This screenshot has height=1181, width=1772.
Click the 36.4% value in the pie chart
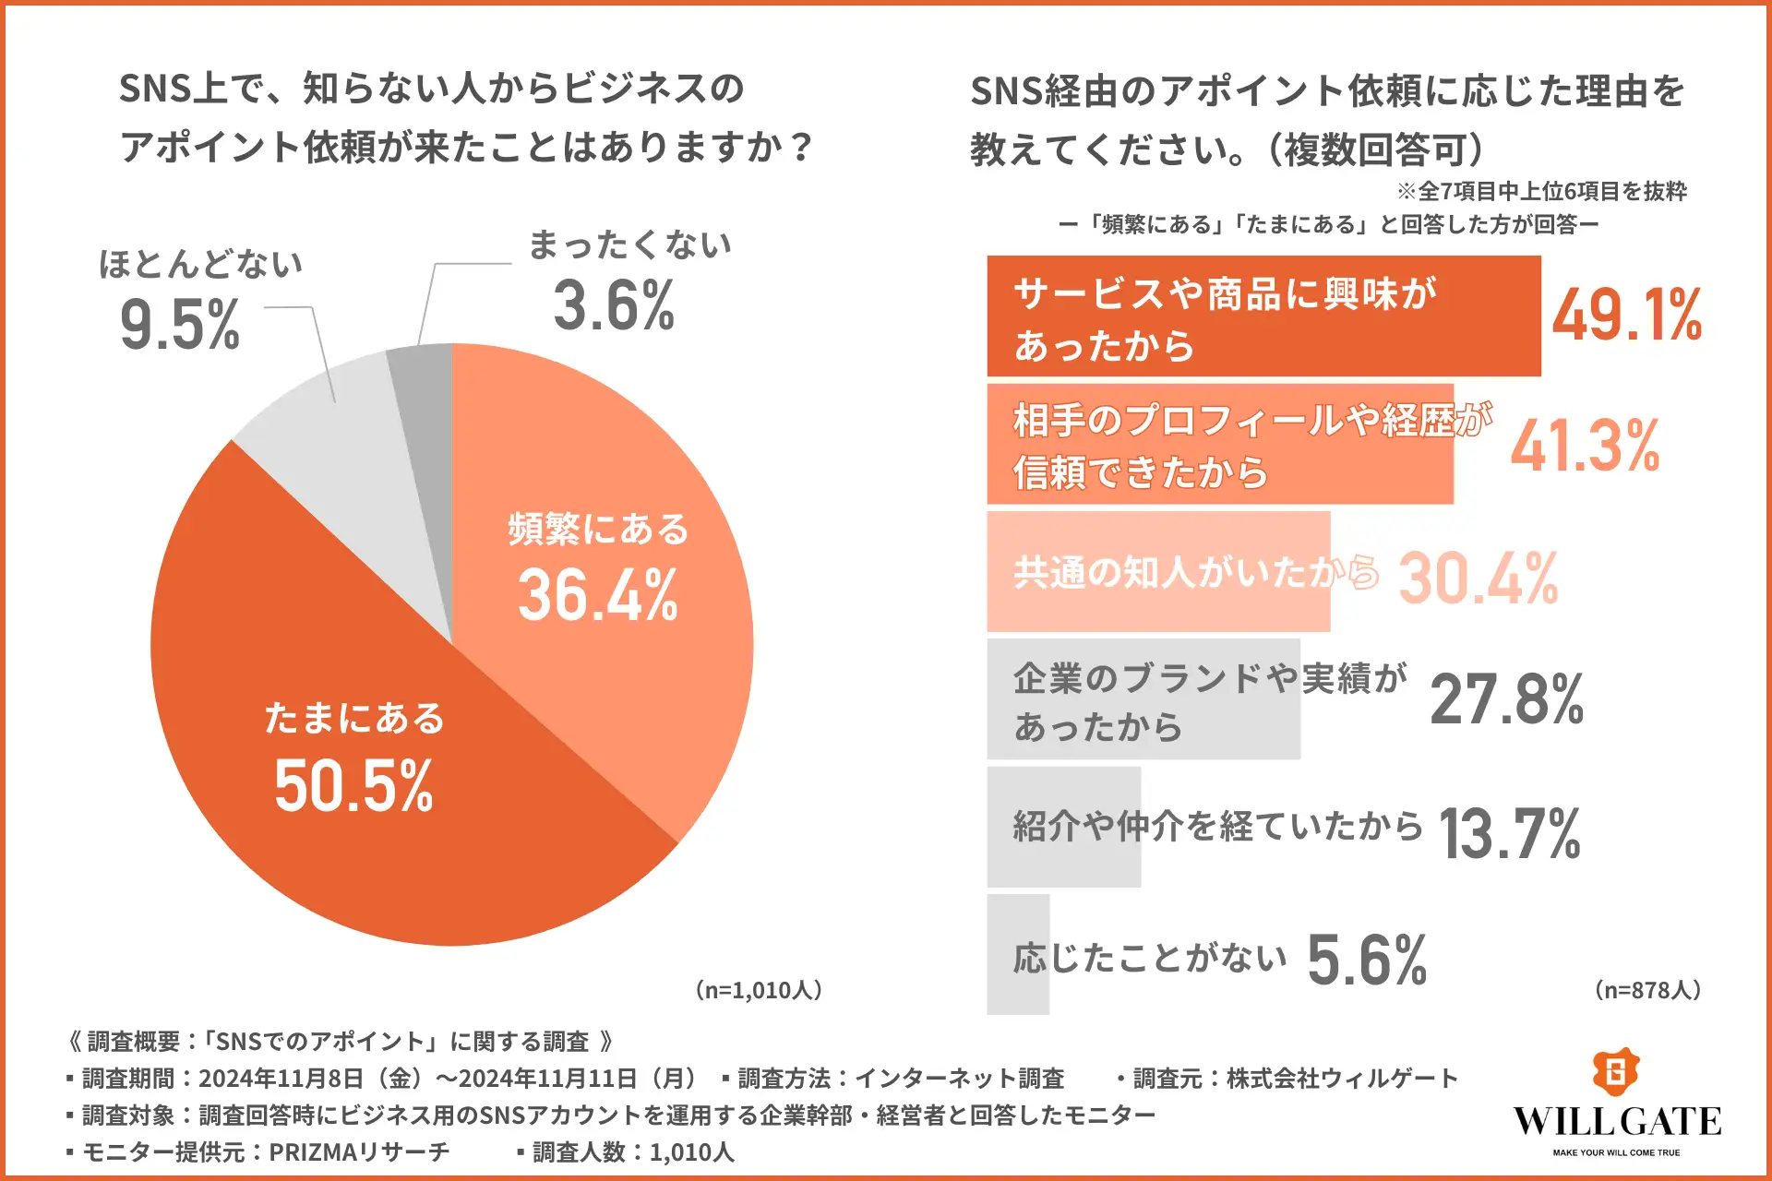coord(598,595)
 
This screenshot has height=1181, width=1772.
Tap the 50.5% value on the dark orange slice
coord(353,786)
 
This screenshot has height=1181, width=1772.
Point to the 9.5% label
coord(180,325)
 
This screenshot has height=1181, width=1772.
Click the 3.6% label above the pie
coord(614,305)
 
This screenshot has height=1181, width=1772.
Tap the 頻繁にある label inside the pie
coord(598,530)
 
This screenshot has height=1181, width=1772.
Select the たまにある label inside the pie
coord(354,718)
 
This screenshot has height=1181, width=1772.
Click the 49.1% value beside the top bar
coord(1626,316)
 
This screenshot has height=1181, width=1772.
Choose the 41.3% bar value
coord(1585,446)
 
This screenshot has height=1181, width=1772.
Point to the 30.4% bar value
coord(1478,579)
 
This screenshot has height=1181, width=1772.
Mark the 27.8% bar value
coord(1506,699)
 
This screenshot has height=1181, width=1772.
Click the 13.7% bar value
coord(1509,833)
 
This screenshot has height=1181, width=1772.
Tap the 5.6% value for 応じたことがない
coord(1367,960)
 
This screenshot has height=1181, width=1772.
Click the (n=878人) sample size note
coord(1647,990)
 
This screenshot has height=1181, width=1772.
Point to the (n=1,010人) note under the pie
coord(758,990)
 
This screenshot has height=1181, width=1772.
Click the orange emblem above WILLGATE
coord(1615,1072)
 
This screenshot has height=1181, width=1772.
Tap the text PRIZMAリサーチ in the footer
coord(358,1151)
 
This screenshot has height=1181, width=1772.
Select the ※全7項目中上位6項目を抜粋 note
coord(1541,191)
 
